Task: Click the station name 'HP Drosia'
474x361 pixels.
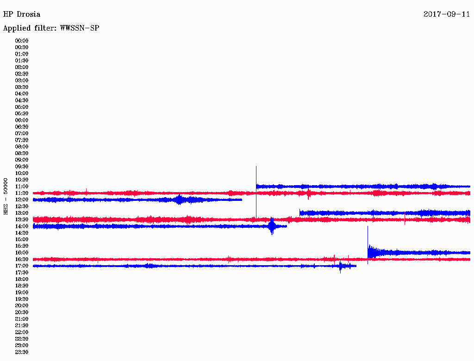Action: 21,14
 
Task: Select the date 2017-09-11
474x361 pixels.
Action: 447,14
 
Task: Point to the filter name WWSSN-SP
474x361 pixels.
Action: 80,28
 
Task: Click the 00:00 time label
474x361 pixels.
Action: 22,41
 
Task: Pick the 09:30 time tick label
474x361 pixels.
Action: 22,167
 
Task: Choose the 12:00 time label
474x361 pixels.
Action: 22,200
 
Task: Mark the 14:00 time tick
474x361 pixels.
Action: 22,226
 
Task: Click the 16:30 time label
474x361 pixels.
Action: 22,260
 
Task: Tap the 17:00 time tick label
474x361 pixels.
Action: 22,266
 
